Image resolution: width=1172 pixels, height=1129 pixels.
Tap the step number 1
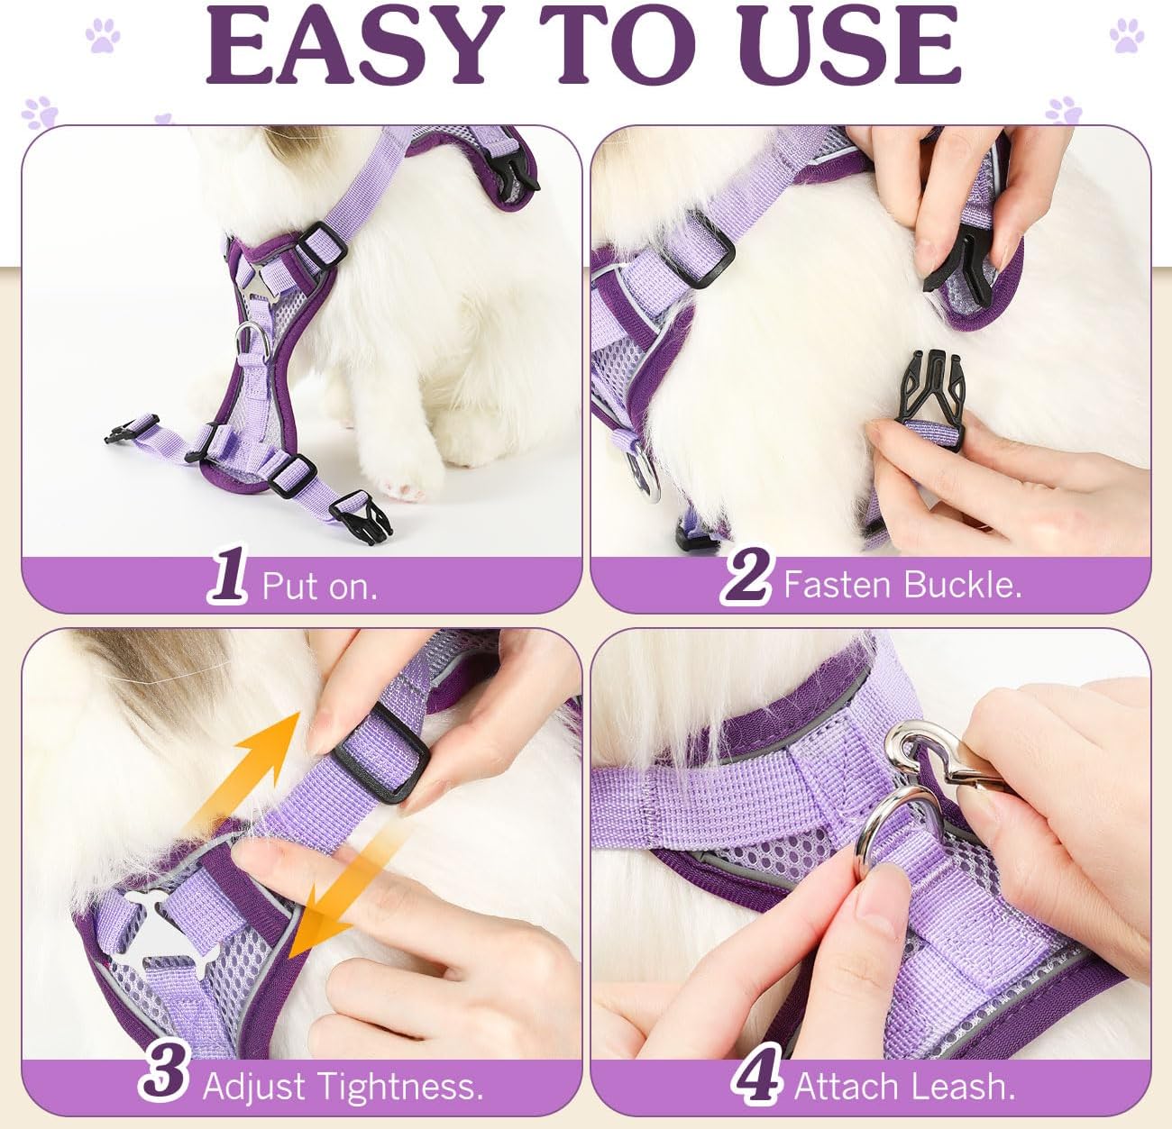tap(228, 574)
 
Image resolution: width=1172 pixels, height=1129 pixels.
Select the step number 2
tap(746, 575)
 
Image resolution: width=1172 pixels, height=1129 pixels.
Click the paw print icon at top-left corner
tap(103, 35)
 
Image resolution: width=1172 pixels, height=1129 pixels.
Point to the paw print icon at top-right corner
tap(1126, 35)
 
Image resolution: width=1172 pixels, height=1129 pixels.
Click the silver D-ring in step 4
tap(867, 831)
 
